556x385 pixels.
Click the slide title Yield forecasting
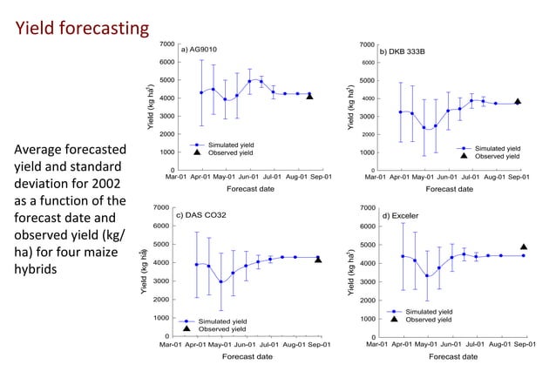click(83, 29)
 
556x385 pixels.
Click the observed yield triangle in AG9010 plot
click(309, 96)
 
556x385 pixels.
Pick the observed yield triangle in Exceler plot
click(524, 247)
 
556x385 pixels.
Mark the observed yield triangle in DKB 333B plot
click(517, 102)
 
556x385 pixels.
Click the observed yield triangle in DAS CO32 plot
click(318, 259)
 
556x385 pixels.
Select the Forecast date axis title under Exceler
click(452, 356)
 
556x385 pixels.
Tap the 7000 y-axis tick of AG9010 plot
click(165, 44)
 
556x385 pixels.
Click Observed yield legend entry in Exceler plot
click(429, 319)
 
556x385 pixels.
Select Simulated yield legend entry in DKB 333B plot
click(496, 148)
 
